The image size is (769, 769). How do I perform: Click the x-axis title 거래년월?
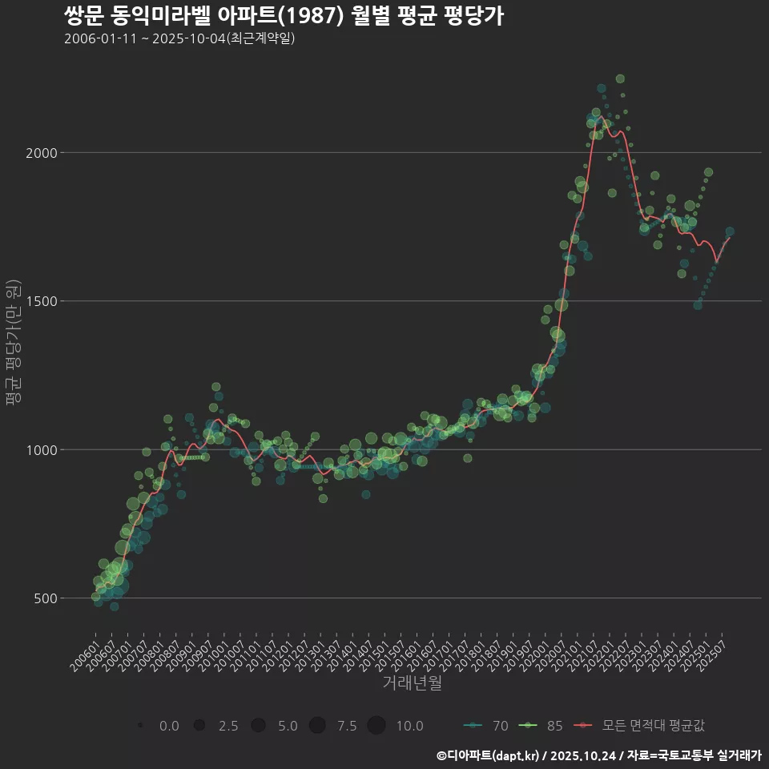click(x=412, y=683)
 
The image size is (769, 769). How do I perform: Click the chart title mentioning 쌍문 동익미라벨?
click(x=284, y=16)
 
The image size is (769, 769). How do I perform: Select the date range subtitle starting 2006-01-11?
click(x=179, y=38)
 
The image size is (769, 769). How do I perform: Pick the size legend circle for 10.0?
click(x=376, y=726)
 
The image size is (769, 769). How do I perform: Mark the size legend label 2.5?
click(x=228, y=726)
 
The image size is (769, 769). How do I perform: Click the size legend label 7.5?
click(x=347, y=726)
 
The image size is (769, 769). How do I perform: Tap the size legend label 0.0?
click(x=169, y=726)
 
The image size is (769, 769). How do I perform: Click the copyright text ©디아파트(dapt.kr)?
click(x=488, y=755)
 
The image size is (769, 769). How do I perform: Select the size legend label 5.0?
click(x=288, y=726)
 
